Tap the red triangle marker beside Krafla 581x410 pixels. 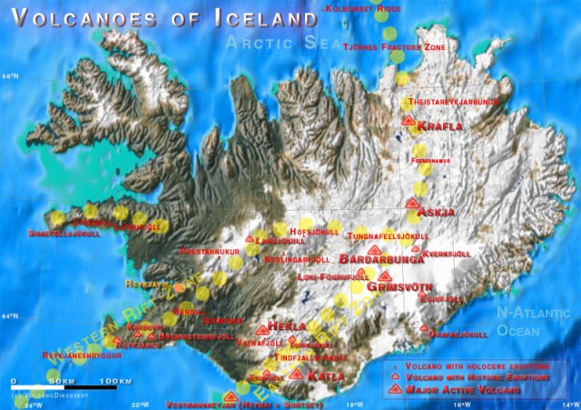coord(409,119)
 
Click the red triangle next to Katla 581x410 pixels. coord(296,373)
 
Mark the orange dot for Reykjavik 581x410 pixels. coord(180,287)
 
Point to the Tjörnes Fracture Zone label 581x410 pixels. coord(394,46)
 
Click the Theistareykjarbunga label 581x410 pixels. coord(454,102)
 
